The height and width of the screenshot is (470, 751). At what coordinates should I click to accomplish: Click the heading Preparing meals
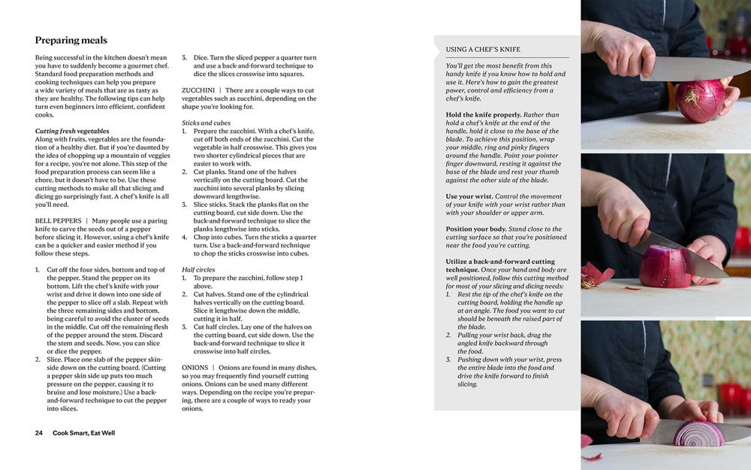71,41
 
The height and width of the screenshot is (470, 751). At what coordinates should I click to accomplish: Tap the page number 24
39,433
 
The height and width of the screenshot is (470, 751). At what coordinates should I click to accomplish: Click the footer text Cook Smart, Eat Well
87,433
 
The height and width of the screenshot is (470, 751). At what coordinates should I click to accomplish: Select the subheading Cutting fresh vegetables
72,131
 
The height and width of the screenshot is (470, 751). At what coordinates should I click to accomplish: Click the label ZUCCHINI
199,90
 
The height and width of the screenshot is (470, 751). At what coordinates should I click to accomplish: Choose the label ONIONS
195,367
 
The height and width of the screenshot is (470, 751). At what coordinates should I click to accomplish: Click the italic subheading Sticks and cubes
206,123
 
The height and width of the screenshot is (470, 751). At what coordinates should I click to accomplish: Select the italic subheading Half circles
198,269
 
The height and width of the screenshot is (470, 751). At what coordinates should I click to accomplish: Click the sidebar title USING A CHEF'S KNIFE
483,50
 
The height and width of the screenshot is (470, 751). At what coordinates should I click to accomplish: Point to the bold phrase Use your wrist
470,196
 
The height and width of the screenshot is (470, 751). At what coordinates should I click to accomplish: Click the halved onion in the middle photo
665,266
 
